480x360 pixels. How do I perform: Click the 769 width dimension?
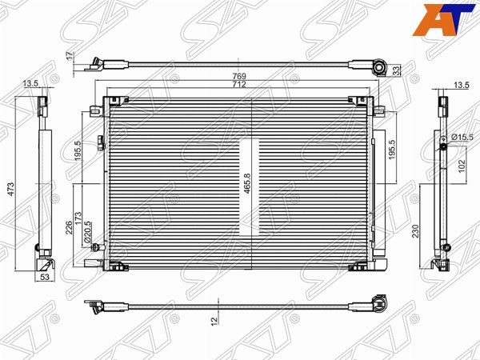(x=239, y=76)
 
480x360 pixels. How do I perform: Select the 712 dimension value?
(x=239, y=84)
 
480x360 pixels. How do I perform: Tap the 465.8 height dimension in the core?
(x=247, y=183)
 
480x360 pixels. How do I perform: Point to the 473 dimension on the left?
(x=10, y=189)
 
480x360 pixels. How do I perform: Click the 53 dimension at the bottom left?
(x=45, y=278)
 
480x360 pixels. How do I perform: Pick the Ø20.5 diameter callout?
(x=87, y=234)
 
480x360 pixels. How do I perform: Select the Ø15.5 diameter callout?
(x=462, y=138)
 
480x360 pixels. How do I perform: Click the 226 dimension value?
(x=70, y=227)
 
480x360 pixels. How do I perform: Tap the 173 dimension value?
(x=78, y=218)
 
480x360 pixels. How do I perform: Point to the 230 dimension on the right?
(x=415, y=231)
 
